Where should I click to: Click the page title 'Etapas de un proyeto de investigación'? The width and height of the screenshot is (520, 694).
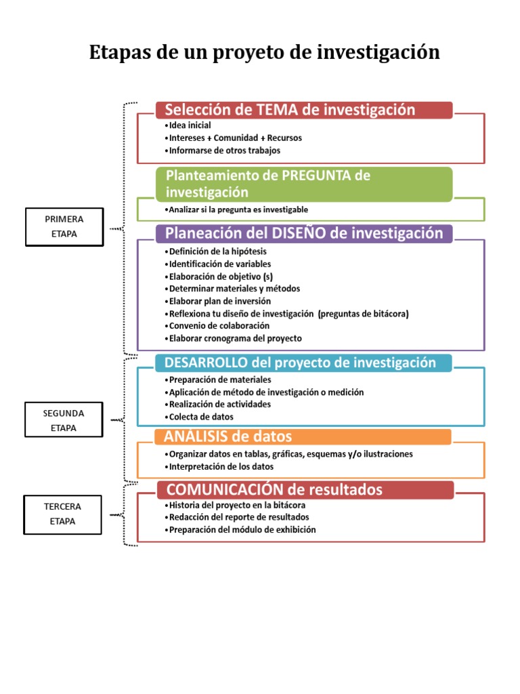pyautogui.click(x=264, y=53)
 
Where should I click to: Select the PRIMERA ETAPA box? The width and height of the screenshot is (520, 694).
pyautogui.click(x=64, y=226)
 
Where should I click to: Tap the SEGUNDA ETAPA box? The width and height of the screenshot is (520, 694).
pyautogui.click(x=64, y=420)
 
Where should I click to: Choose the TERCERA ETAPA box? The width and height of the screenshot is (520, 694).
pyautogui.click(x=62, y=514)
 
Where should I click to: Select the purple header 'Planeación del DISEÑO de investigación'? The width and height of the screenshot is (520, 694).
pyautogui.click(x=304, y=234)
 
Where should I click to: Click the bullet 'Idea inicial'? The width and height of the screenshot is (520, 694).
pyautogui.click(x=189, y=125)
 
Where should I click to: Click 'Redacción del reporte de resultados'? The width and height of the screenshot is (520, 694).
pyautogui.click(x=234, y=517)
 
